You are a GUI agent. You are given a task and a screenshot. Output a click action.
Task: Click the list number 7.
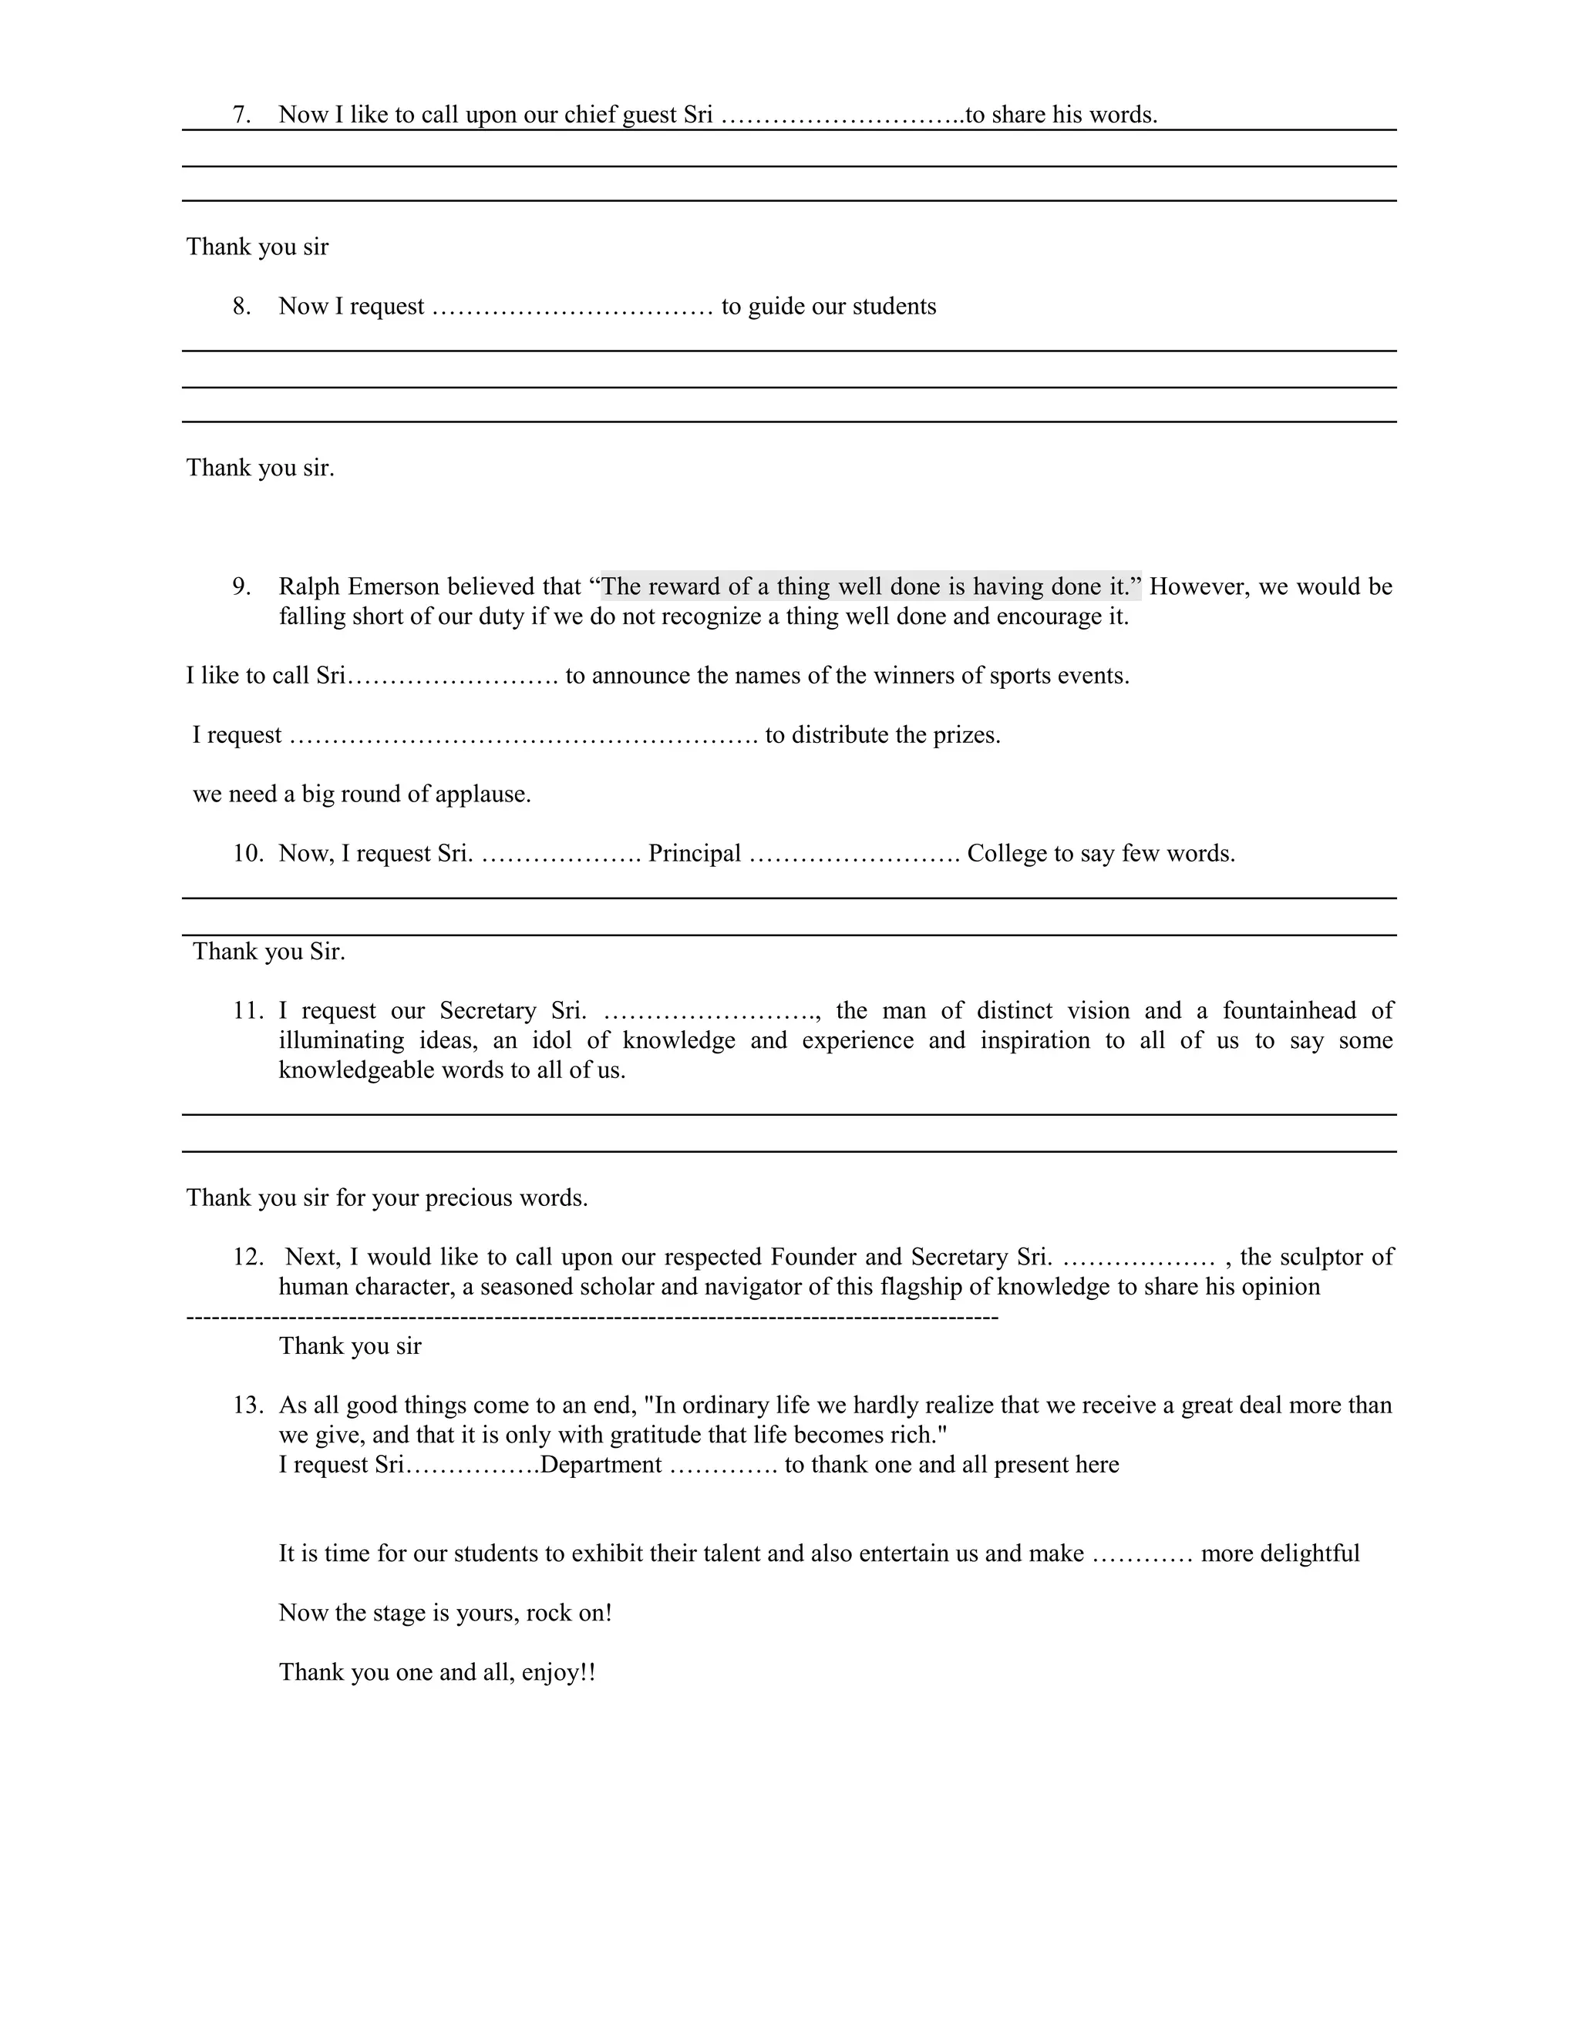241,115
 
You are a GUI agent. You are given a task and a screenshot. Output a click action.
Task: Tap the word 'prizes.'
965,735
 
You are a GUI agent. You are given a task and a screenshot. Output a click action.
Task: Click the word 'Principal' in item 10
694,854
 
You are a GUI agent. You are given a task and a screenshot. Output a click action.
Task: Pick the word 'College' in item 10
1005,854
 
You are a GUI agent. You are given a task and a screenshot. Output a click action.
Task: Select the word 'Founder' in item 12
813,1258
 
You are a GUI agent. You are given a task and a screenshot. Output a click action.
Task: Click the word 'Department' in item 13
601,1465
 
